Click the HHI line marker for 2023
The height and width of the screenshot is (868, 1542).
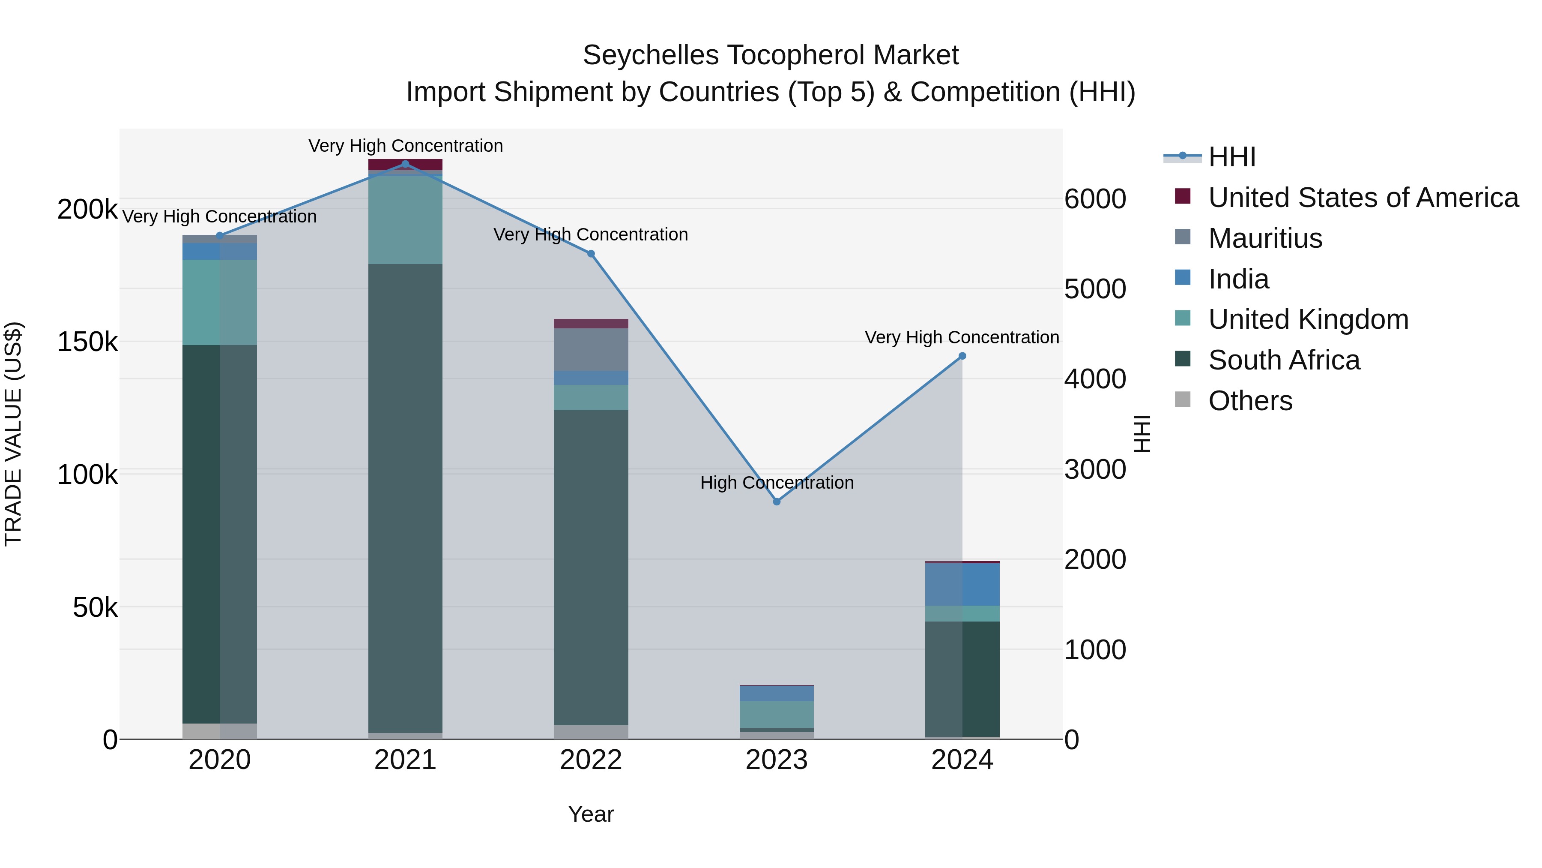coord(777,502)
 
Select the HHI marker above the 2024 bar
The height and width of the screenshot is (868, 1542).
coord(962,356)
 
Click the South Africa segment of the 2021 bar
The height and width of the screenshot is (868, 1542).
coord(405,497)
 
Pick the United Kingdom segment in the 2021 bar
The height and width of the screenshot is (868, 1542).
coord(405,219)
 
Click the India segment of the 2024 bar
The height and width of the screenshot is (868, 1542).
coord(962,584)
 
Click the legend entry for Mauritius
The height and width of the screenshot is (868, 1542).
coord(1265,238)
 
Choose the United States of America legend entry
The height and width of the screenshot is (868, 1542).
coord(1363,198)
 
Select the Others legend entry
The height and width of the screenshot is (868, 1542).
coord(1250,401)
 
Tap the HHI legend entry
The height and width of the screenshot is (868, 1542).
coord(1232,157)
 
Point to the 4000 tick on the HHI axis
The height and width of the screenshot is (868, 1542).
coord(1095,379)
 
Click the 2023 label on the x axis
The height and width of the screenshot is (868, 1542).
coord(777,760)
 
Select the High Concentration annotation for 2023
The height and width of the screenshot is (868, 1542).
coord(777,483)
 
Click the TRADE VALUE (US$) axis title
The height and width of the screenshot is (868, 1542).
coord(13,434)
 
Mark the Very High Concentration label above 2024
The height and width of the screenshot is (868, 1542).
coord(962,337)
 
